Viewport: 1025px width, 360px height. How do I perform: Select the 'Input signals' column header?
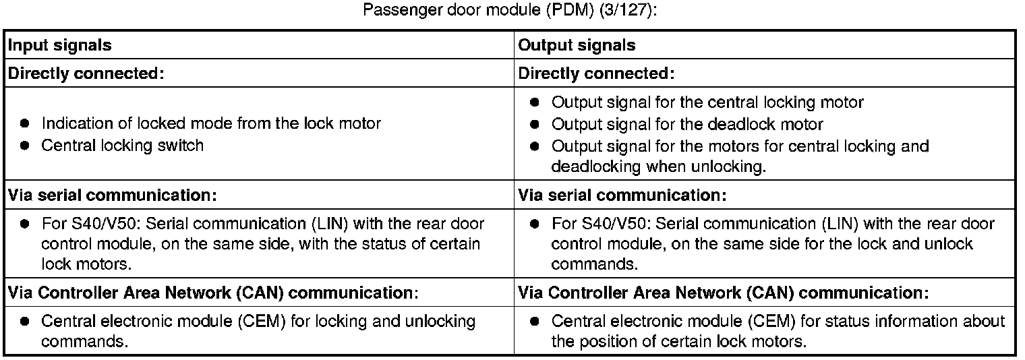[x=59, y=45]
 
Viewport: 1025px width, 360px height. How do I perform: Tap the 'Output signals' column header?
[x=577, y=45]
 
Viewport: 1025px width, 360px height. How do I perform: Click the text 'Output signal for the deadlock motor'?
[x=687, y=124]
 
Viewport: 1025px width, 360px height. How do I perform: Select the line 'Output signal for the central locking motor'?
[x=707, y=102]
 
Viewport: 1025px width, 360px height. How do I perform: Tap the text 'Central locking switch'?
[x=122, y=146]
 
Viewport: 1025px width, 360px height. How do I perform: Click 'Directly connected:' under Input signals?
[x=85, y=73]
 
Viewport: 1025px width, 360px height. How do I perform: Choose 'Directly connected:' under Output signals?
[x=596, y=73]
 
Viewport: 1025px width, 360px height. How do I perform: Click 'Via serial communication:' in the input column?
[x=112, y=196]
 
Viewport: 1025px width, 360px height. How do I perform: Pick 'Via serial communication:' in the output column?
[x=622, y=196]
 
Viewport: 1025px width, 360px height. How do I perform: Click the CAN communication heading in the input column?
[x=213, y=293]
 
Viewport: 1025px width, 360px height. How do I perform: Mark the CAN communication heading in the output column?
[x=724, y=293]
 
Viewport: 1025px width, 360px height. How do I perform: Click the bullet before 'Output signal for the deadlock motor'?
[x=535, y=124]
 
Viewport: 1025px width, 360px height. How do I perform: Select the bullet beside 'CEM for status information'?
[x=535, y=322]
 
